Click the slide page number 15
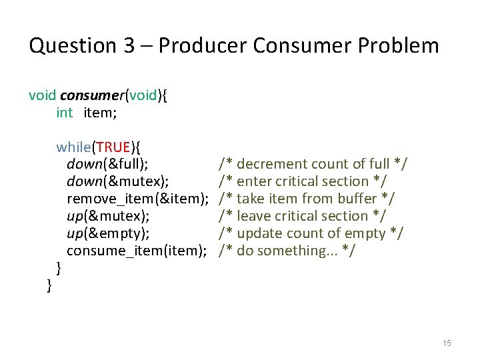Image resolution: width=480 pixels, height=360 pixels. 447,343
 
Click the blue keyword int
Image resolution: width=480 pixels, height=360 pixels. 65,113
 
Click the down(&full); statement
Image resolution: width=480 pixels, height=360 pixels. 107,164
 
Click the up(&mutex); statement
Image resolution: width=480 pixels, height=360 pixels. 108,216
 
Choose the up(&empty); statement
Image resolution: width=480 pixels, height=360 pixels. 108,233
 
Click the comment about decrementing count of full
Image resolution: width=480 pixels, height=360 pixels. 313,164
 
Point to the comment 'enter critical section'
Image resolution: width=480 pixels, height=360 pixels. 303,181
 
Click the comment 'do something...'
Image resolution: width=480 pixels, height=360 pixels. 287,251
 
